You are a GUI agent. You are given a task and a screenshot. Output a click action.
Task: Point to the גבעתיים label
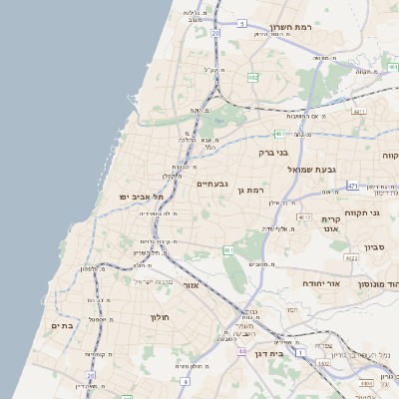[212, 184]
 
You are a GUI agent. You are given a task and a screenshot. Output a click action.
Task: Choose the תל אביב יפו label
[140, 197]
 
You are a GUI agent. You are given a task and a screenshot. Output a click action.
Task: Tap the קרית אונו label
[331, 224]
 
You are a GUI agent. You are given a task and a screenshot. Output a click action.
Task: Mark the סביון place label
[375, 246]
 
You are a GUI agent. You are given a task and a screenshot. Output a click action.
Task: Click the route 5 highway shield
[241, 22]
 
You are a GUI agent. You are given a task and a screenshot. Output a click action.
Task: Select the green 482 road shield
[253, 76]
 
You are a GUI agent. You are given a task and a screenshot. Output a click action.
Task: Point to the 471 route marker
[352, 186]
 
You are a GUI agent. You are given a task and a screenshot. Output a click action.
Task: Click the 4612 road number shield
[304, 215]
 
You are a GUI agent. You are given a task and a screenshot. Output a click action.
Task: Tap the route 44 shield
[241, 351]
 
